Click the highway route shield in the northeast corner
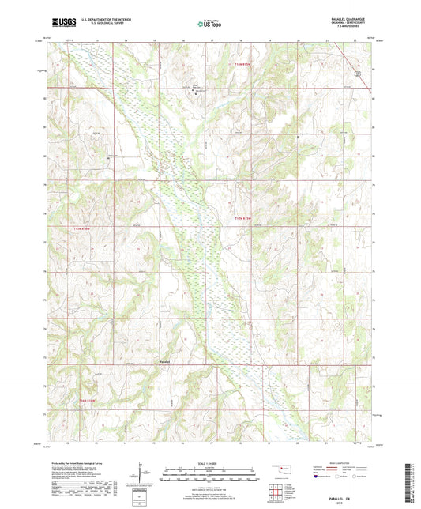pos(357,73)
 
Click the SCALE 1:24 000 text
pos(209,462)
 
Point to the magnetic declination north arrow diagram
pos(143,473)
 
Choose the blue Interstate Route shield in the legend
pos(318,477)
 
